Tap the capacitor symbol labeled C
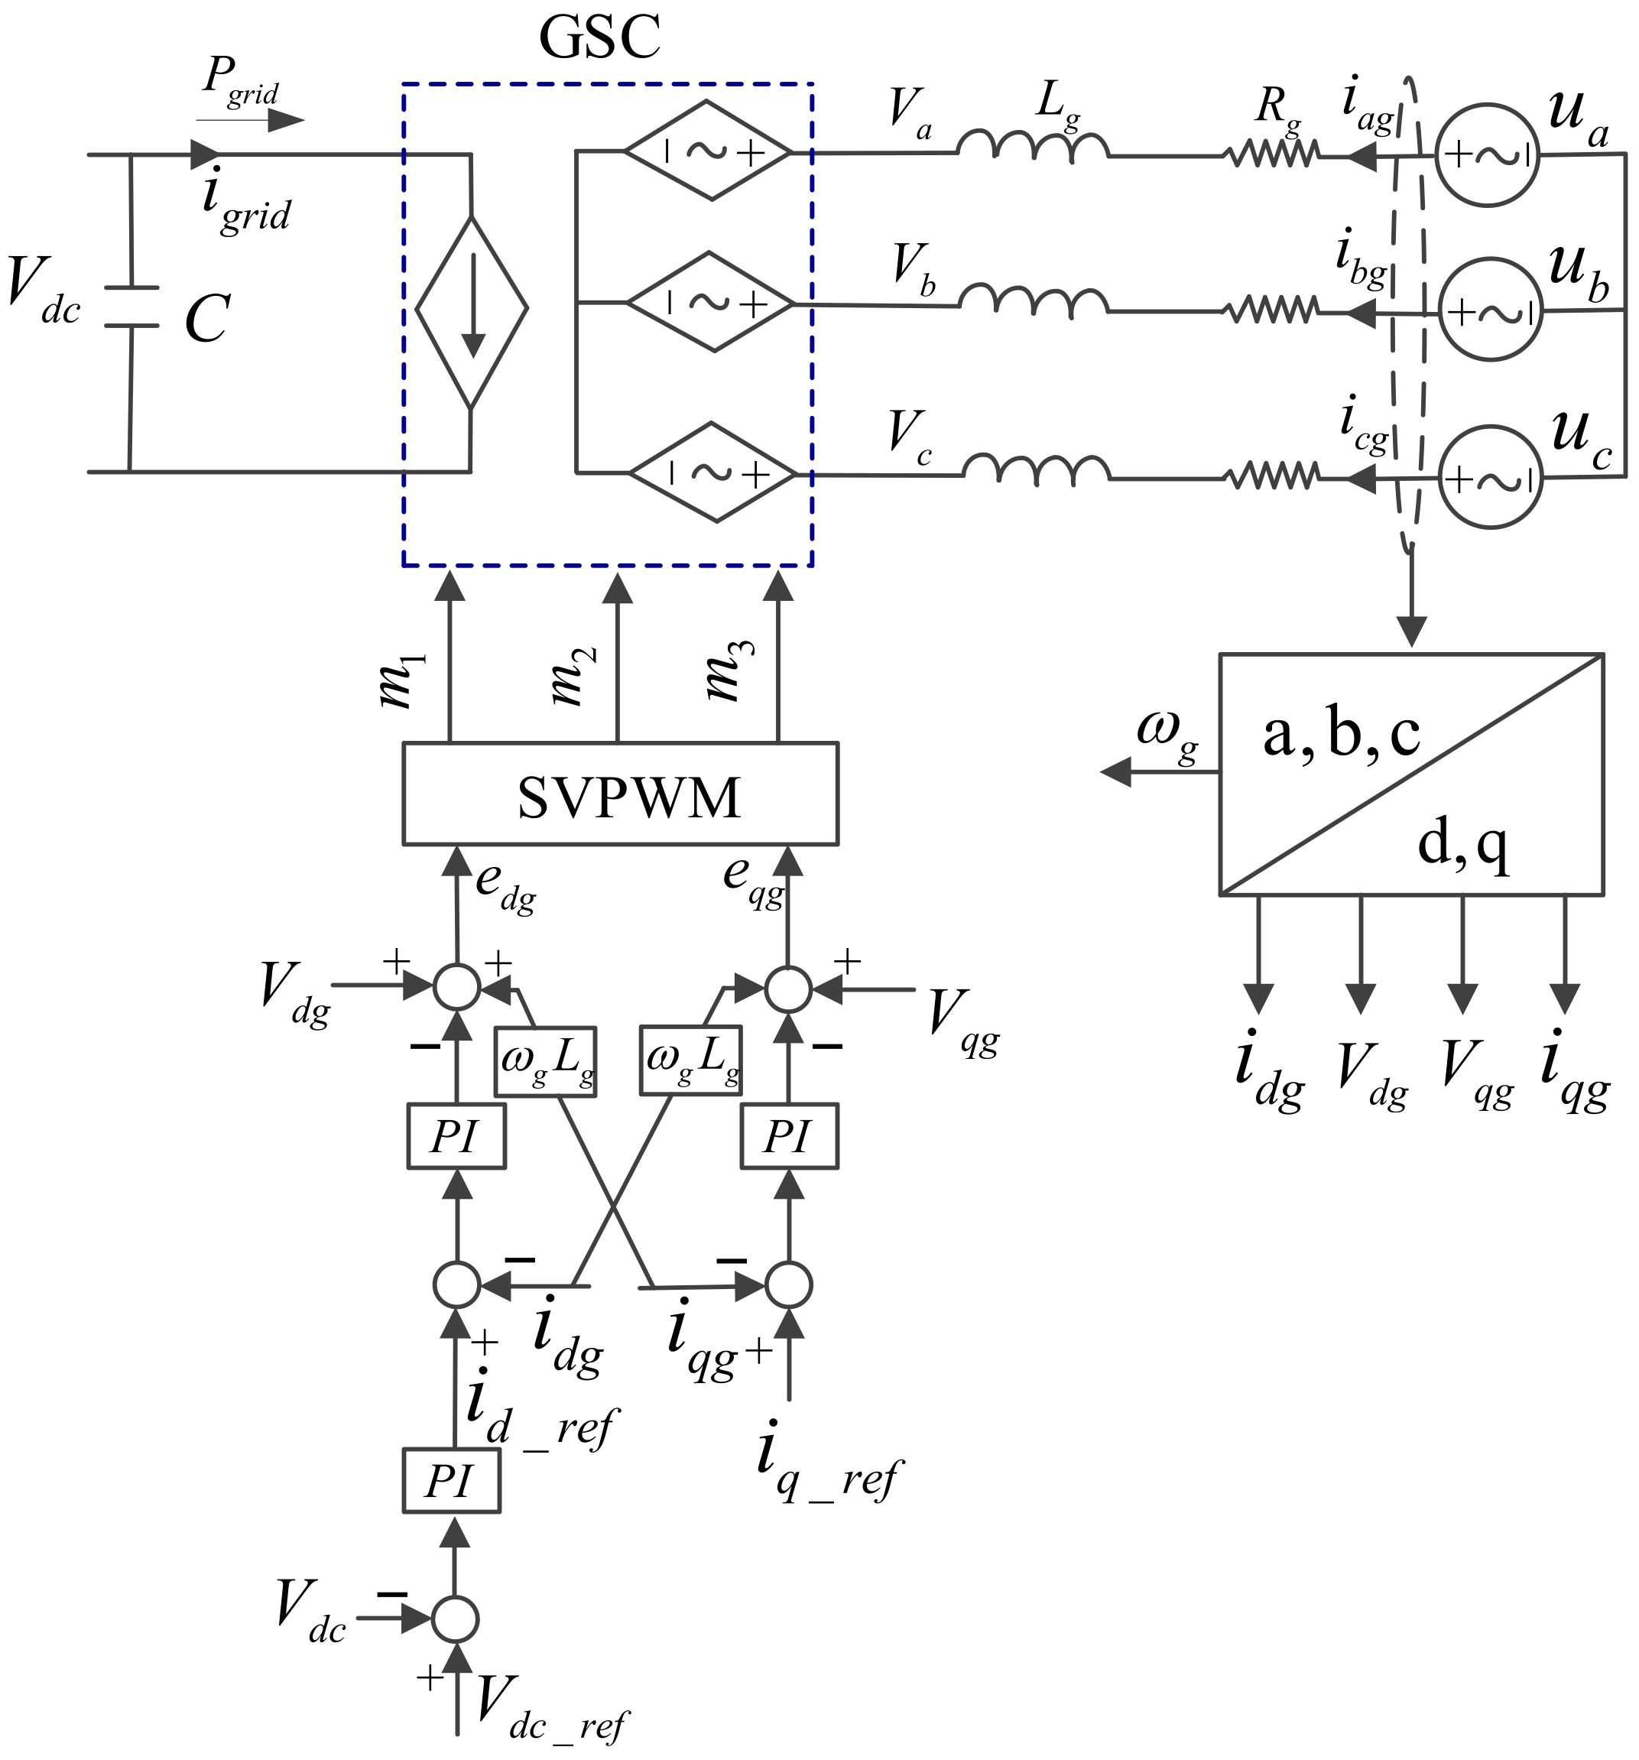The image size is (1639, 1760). tap(131, 307)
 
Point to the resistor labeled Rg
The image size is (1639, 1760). tap(1270, 156)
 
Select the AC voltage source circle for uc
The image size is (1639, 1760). tap(1491, 477)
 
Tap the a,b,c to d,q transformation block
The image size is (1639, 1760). tap(1410, 774)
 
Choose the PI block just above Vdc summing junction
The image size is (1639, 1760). tap(451, 1480)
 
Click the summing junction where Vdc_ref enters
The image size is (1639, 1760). tap(455, 1619)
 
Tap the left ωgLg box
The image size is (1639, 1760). tap(545, 1060)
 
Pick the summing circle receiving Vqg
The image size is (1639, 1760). tap(787, 989)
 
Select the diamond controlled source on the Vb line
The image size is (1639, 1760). tap(709, 303)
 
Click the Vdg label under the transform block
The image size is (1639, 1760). tap(1371, 1075)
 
